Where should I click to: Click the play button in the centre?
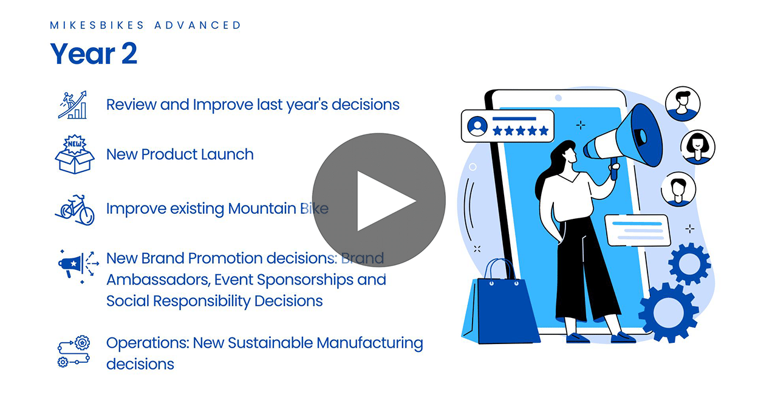pyautogui.click(x=378, y=200)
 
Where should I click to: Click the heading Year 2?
pyautogui.click(x=94, y=53)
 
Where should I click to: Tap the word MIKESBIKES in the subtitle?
pyautogui.click(x=97, y=26)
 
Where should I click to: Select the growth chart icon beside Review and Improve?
pyautogui.click(x=73, y=105)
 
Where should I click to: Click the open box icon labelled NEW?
pyautogui.click(x=75, y=154)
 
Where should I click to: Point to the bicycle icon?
pyautogui.click(x=75, y=210)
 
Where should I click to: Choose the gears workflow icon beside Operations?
pyautogui.click(x=73, y=351)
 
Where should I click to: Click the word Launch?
pyautogui.click(x=227, y=154)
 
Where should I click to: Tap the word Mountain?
pyautogui.click(x=262, y=209)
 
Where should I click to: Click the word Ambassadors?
pyautogui.click(x=159, y=280)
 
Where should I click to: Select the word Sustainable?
pyautogui.click(x=270, y=343)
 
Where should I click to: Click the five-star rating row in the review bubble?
pyautogui.click(x=521, y=131)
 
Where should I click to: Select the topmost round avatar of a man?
pyautogui.click(x=683, y=103)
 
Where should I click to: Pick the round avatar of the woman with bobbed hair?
pyautogui.click(x=697, y=147)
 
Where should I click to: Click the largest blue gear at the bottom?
pyautogui.click(x=668, y=312)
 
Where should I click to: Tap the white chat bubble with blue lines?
pyautogui.click(x=638, y=230)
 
